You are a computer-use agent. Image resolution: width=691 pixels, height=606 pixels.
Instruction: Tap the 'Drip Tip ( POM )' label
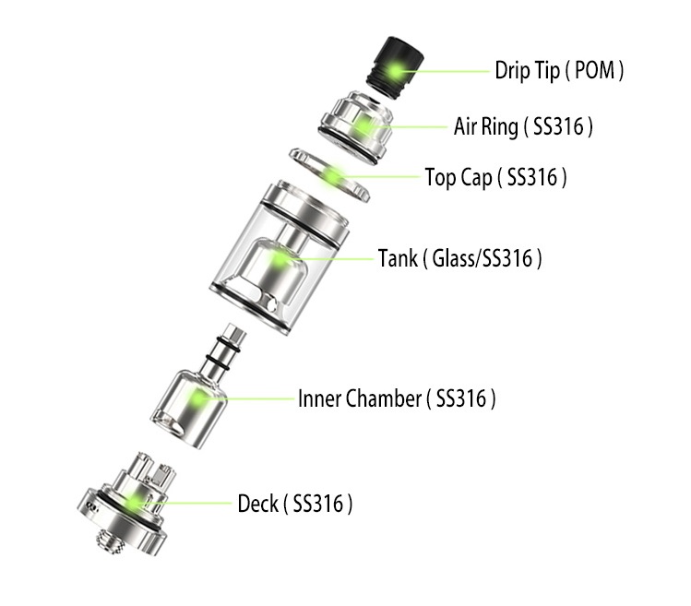pyautogui.click(x=559, y=70)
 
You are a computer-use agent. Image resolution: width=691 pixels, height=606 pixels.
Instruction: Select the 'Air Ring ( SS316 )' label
pyautogui.click(x=523, y=126)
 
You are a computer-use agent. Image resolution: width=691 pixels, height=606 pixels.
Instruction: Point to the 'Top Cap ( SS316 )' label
pyautogui.click(x=495, y=178)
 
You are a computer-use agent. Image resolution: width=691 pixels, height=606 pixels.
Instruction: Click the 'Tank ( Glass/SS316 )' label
pyautogui.click(x=460, y=258)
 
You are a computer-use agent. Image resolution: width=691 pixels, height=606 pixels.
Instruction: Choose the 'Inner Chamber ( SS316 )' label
pyautogui.click(x=397, y=398)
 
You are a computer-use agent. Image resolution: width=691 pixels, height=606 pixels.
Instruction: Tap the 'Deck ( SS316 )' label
pyautogui.click(x=295, y=504)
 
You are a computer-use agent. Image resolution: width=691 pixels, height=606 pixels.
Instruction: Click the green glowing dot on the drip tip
pyautogui.click(x=395, y=69)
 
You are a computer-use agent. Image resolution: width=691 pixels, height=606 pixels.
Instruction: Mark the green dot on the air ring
pyautogui.click(x=364, y=125)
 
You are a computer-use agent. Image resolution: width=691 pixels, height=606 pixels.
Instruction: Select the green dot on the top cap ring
pyautogui.click(x=333, y=176)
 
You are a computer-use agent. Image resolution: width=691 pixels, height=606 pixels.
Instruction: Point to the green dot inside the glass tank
pyautogui.click(x=279, y=258)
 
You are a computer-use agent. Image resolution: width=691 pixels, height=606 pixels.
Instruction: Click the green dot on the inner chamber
pyautogui.click(x=198, y=398)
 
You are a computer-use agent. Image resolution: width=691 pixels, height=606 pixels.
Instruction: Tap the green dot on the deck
pyautogui.click(x=135, y=503)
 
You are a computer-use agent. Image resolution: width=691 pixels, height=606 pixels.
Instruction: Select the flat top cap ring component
pyautogui.click(x=329, y=175)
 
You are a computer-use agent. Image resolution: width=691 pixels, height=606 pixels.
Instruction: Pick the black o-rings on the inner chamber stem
pyautogui.click(x=224, y=355)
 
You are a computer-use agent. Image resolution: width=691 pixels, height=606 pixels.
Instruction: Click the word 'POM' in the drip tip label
pyautogui.click(x=594, y=70)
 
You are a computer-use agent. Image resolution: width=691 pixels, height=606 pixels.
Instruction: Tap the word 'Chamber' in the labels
pyautogui.click(x=384, y=398)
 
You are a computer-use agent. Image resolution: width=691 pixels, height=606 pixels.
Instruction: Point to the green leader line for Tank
pyautogui.click(x=328, y=258)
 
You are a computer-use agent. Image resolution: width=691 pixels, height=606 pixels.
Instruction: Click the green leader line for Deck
pyautogui.click(x=185, y=503)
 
